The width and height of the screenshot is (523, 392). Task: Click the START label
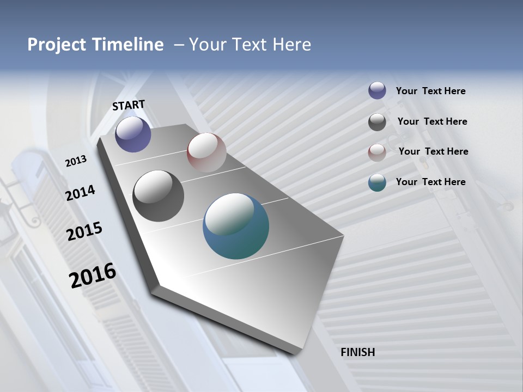point(129,105)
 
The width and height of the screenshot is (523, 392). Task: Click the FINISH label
point(358,352)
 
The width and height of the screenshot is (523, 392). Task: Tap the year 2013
point(76,161)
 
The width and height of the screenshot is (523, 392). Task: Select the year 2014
point(80,193)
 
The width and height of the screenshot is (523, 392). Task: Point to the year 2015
point(84,231)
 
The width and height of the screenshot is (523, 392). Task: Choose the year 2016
point(93,275)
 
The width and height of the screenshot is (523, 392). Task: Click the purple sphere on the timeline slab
point(133,134)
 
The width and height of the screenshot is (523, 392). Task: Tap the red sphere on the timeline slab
point(206,152)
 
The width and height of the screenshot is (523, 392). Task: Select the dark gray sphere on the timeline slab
point(158,196)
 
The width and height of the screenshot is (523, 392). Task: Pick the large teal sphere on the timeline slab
point(236,226)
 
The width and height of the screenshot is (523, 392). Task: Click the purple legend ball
point(377,91)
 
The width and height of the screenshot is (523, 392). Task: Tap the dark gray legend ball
point(377,122)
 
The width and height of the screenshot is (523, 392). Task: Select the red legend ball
point(377,152)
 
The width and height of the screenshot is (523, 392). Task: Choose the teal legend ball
point(377,182)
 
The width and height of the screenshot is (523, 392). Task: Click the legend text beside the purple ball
point(430,91)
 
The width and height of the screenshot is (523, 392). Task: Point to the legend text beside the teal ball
point(430,182)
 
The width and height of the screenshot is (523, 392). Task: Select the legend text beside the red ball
point(433,151)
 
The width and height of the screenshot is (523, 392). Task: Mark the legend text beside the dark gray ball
point(432,121)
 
